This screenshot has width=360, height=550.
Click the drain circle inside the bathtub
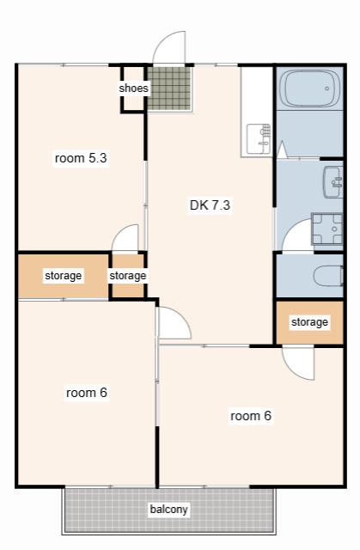[x=326, y=89]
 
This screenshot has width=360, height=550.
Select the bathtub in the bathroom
[x=309, y=89]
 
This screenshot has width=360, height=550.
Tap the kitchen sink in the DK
[x=259, y=139]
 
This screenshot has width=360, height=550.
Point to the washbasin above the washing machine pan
[x=333, y=182]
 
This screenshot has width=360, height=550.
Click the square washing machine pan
[x=326, y=229]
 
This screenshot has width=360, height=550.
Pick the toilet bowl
[x=328, y=276]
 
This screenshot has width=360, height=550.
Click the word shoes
[x=133, y=88]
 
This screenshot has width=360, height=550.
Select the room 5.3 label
[x=81, y=158]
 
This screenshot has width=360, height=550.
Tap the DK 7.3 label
[x=210, y=205]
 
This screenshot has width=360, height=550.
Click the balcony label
[x=168, y=509]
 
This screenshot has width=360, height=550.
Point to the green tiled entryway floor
[x=169, y=89]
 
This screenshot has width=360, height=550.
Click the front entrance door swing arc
[x=168, y=47]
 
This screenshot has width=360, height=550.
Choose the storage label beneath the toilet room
[x=309, y=322]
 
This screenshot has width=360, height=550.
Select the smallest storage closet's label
[x=128, y=276]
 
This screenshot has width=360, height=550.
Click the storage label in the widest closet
[x=63, y=276]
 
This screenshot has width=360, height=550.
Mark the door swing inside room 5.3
[x=125, y=238]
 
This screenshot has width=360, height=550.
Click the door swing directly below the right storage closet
[x=298, y=363]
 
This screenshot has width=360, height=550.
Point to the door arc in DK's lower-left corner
[x=174, y=323]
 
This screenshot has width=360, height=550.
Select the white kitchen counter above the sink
[x=257, y=95]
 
